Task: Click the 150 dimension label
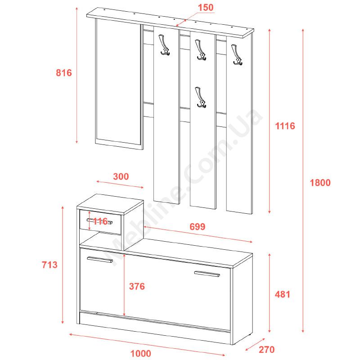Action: point(206,8)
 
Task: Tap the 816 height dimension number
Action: point(64,73)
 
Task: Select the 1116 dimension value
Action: point(285,126)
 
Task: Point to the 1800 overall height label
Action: point(320,183)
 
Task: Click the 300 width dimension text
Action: point(121,176)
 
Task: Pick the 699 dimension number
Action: point(198,227)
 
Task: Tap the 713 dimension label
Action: point(49,265)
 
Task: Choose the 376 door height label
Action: point(137,286)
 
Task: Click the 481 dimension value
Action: point(283,294)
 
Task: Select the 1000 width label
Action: point(141,353)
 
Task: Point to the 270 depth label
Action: point(267,350)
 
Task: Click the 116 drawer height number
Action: point(100,221)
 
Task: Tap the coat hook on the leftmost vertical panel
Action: point(164,45)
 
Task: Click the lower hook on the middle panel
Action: point(200,97)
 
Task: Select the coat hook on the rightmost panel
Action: point(237,55)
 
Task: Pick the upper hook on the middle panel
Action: point(200,50)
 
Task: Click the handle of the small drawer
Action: point(99,221)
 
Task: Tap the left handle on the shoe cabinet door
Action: point(100,260)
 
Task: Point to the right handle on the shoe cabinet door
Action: point(207,274)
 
